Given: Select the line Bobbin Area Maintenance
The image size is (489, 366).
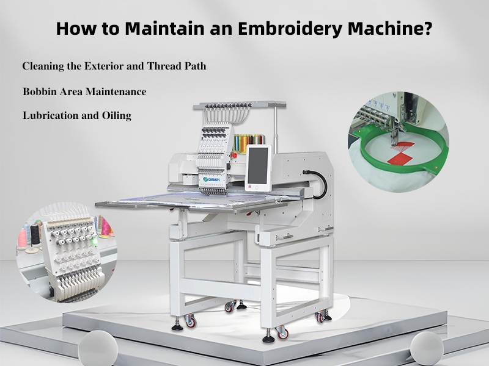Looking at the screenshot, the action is (84, 91).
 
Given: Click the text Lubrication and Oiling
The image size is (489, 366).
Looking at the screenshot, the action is (77, 115).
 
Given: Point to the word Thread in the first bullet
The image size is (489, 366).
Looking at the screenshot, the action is (164, 66).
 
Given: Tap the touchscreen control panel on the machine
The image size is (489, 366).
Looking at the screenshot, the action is (258, 167).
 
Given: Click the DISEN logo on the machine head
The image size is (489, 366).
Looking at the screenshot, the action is (211, 179).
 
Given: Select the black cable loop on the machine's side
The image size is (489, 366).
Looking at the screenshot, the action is (318, 184).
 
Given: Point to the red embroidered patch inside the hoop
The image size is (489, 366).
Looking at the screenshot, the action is (401, 152).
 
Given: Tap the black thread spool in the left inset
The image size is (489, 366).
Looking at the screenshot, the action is (35, 235).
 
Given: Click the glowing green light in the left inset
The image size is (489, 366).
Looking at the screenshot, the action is (95, 242).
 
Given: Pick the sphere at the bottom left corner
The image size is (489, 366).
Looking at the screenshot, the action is (98, 347).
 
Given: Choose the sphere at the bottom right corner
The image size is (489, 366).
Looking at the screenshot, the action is (427, 347).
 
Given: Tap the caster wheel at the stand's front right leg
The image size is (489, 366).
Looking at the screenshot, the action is (282, 332).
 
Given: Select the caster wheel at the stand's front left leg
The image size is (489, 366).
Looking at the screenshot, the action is (190, 321).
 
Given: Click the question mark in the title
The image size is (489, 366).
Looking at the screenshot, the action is (428, 28).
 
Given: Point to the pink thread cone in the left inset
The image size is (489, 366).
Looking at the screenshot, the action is (22, 238).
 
